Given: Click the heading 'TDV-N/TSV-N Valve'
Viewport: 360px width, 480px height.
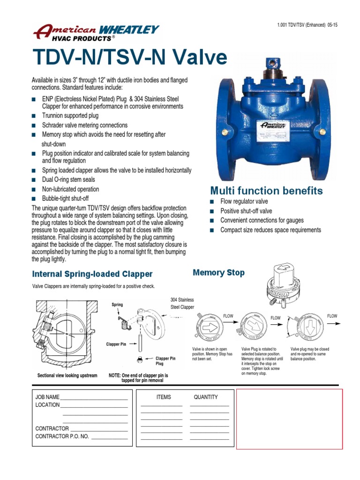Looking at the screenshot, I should point(130,58).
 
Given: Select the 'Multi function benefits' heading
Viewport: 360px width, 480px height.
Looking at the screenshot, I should point(266,191).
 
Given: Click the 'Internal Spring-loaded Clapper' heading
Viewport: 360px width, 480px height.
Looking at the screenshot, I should point(92,274).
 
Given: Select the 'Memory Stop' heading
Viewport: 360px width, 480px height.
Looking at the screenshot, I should point(218,272).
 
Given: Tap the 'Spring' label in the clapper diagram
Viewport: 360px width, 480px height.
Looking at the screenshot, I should point(117,305).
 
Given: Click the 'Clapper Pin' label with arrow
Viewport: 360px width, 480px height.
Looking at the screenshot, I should point(116,344).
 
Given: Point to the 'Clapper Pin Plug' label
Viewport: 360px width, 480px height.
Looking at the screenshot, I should point(165,360).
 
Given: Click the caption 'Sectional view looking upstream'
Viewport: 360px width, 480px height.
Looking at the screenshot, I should point(67,375).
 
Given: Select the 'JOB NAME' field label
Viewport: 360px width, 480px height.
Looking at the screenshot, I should point(47,397).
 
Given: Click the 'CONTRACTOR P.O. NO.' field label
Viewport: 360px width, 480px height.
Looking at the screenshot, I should point(62,436).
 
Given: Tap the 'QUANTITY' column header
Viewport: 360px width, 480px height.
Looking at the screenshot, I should point(206,397).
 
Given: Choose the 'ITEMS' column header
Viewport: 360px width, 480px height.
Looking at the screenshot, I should point(164,397).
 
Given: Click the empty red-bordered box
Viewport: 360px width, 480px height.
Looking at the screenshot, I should point(289,419).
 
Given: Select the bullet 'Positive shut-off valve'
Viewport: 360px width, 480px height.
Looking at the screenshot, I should point(246,211).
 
